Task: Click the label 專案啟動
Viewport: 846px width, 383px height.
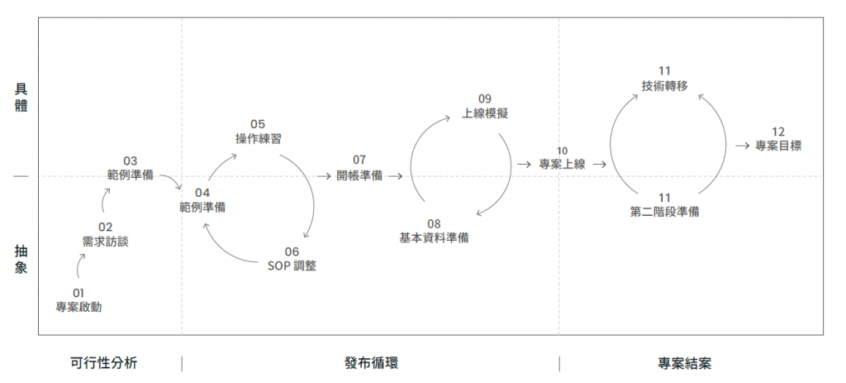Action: tap(78, 306)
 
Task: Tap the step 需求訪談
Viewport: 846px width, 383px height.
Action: tap(105, 242)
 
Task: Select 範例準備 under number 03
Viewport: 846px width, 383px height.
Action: tap(130, 175)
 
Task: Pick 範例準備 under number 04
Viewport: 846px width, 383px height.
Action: tap(202, 207)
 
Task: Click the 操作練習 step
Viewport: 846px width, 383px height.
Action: tap(258, 139)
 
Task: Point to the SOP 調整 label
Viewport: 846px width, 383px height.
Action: tap(292, 266)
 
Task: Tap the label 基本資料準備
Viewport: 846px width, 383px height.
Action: tap(435, 237)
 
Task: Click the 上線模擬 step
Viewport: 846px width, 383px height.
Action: tap(485, 113)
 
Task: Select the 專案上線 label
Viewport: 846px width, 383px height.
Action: tap(562, 164)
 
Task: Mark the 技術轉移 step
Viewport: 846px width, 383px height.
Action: tap(664, 85)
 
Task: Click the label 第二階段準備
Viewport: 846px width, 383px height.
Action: tap(664, 211)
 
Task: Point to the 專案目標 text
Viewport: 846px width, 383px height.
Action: tap(778, 146)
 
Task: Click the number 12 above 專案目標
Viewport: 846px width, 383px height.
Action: tap(778, 132)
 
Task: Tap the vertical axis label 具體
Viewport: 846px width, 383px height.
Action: tap(21, 97)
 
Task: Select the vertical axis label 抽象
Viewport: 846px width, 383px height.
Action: tap(21, 257)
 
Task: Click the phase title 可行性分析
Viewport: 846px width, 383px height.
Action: tap(104, 363)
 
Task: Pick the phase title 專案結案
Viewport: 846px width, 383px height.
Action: tap(685, 363)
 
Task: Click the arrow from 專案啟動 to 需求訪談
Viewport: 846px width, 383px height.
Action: tap(81, 265)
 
